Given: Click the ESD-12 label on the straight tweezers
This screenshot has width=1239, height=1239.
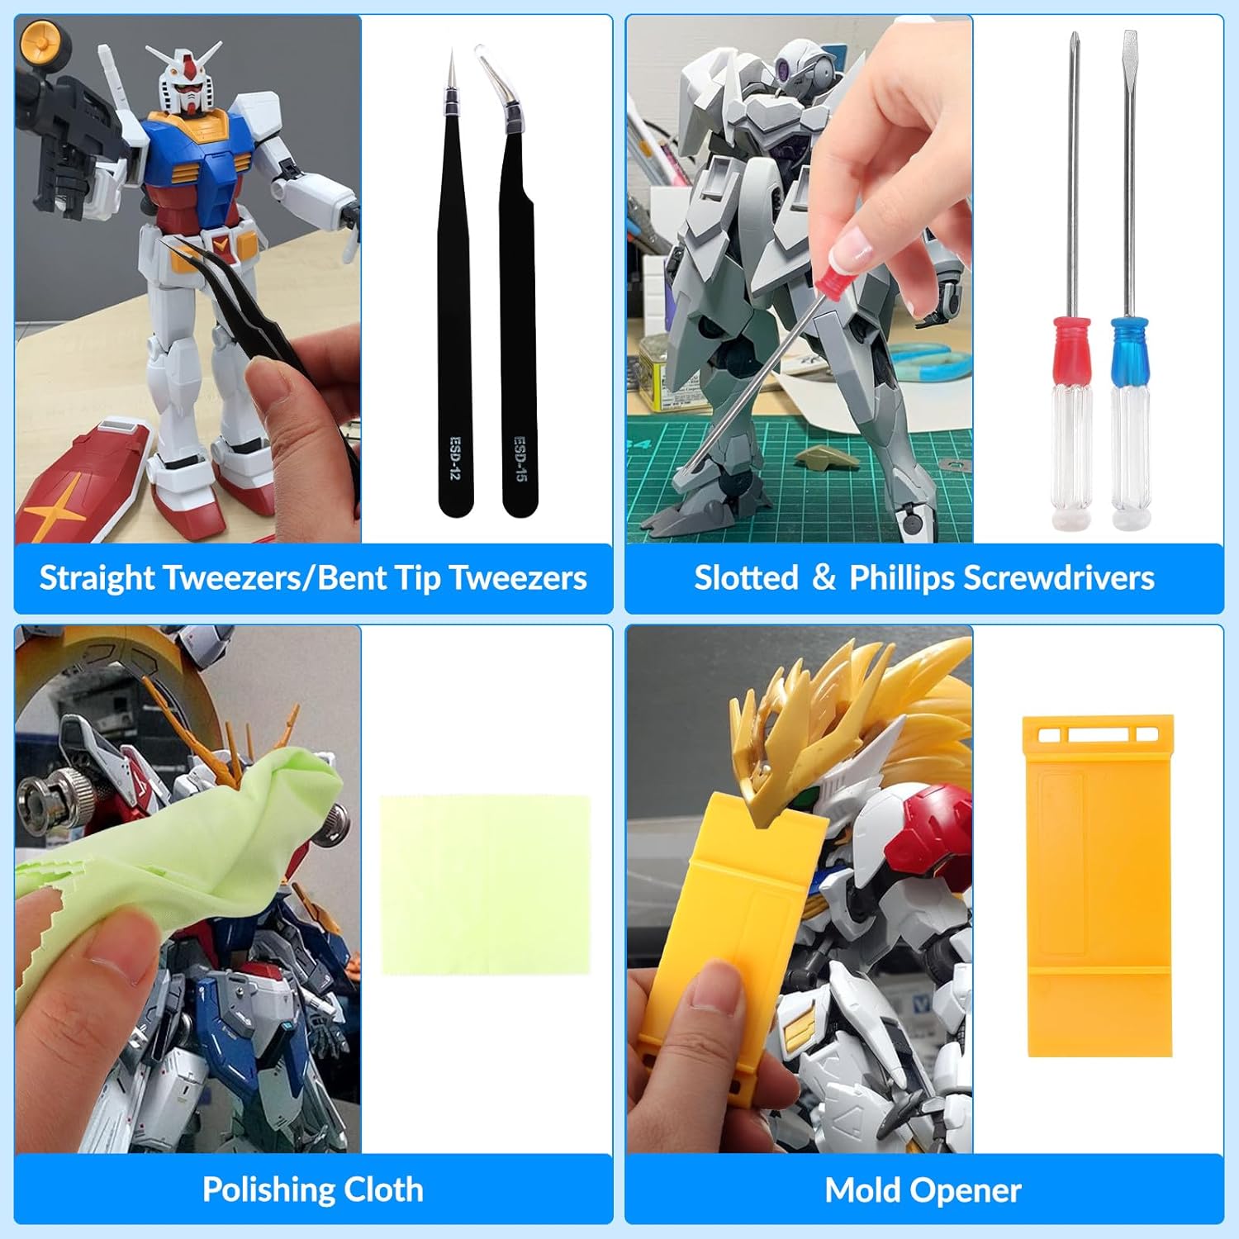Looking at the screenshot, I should coord(454,458).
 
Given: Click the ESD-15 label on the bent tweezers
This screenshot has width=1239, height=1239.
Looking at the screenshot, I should coord(520,458).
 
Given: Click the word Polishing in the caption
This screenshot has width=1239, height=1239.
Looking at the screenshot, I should coord(257,1190).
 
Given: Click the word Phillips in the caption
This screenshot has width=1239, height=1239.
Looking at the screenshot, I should coord(902,578).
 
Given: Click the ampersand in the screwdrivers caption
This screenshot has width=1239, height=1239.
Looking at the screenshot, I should coord(824,578).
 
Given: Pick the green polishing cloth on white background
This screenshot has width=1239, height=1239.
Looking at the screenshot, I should coord(486,885).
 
